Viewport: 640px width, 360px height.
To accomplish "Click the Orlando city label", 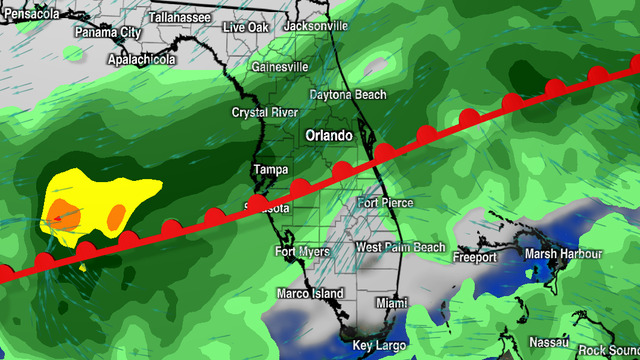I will [x=329, y=135].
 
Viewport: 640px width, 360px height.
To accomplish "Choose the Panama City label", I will [x=107, y=32].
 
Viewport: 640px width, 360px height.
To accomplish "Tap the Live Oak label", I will [x=245, y=27].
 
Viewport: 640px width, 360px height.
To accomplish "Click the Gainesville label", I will [x=280, y=67].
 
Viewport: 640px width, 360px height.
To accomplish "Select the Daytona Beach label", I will [x=347, y=95].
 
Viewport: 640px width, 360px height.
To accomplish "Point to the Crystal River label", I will [x=265, y=112].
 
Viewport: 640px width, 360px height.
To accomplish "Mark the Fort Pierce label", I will [x=384, y=203].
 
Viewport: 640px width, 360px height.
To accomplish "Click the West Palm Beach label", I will [x=400, y=247].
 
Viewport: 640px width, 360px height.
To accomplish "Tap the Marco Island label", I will [x=311, y=293].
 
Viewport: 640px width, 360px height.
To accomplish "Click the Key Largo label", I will [x=377, y=346].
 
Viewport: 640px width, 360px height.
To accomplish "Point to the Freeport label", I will [x=474, y=257].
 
